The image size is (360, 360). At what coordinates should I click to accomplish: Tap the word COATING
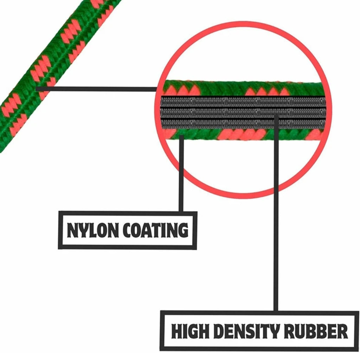pos(155,230)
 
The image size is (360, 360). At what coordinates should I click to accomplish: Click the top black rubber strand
pos(243,101)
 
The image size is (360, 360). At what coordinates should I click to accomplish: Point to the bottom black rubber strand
pos(243,124)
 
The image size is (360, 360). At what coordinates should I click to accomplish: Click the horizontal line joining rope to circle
pos(96,89)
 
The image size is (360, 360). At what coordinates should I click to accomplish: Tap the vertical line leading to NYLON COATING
pos(181,173)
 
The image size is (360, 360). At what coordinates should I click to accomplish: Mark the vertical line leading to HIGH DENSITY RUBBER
pos(276,212)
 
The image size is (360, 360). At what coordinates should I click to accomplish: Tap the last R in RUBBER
pos(342,331)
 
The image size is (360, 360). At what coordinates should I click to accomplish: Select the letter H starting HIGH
pos(177,331)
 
